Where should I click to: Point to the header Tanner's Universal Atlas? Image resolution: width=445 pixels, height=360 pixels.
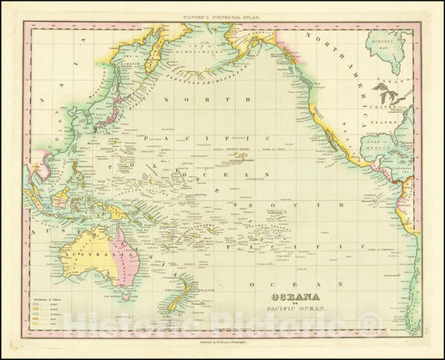[223, 15]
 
